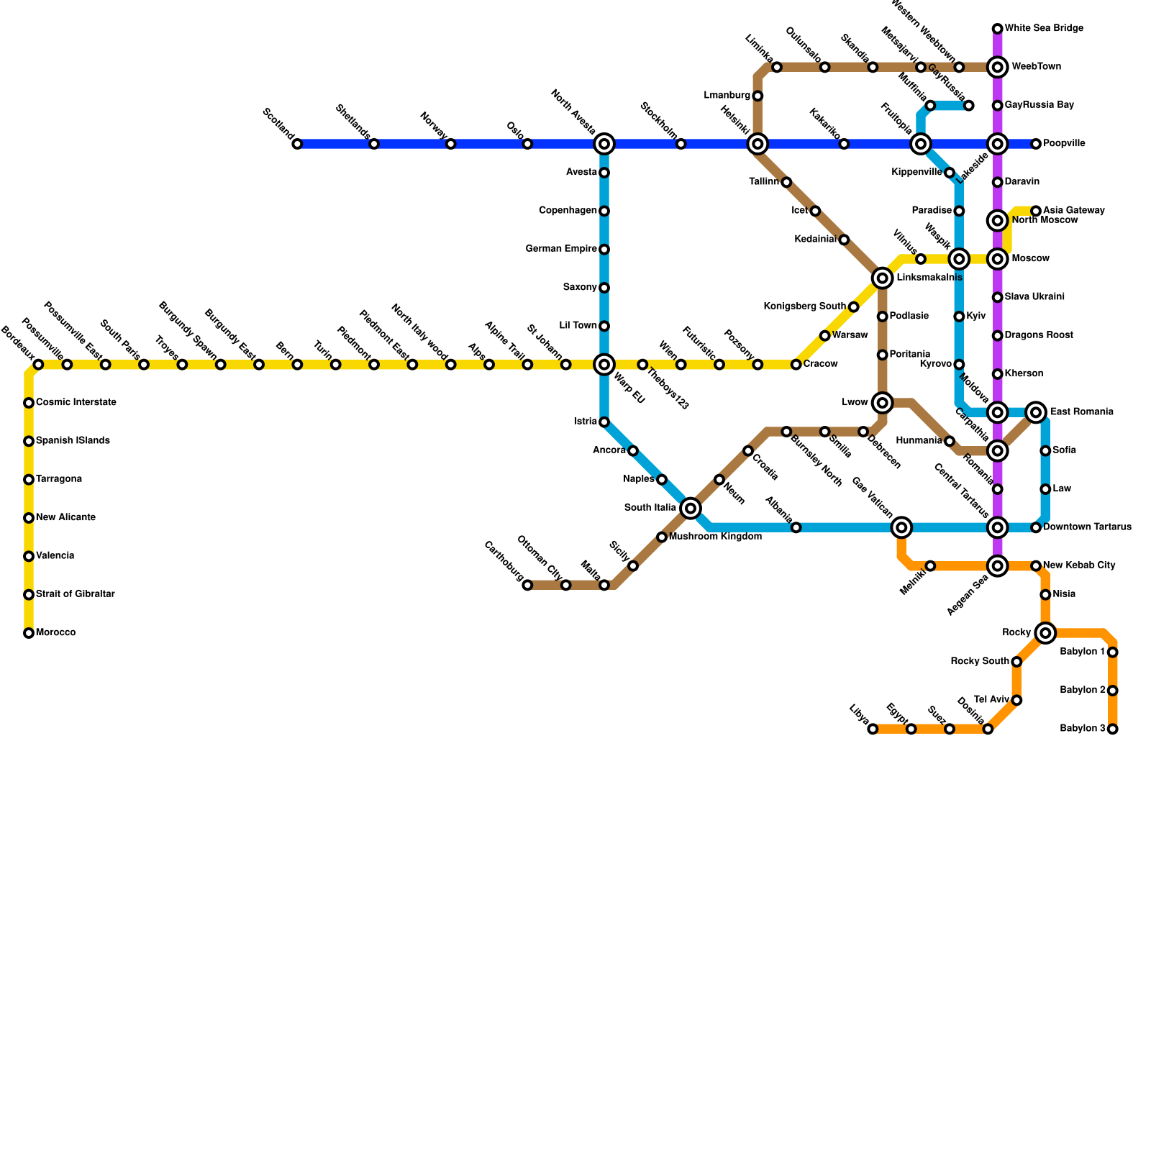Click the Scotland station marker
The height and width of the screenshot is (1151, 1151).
[297, 145]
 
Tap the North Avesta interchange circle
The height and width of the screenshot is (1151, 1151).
[604, 145]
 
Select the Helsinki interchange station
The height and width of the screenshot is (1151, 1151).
[758, 145]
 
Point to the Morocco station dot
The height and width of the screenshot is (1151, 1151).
[29, 634]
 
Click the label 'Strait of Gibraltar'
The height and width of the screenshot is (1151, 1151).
[75, 594]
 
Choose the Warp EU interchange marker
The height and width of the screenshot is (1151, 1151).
[604, 365]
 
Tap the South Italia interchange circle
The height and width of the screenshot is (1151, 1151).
[691, 509]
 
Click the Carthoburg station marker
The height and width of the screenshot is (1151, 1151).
[527, 586]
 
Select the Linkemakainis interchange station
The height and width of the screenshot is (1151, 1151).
[883, 278]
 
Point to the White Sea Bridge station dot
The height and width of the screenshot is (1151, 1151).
[997, 29]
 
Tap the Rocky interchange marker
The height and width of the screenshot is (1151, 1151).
[1045, 633]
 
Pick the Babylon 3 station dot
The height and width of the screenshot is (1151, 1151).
[1113, 729]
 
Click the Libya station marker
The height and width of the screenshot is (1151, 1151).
[873, 729]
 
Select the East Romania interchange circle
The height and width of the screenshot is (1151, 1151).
[1036, 412]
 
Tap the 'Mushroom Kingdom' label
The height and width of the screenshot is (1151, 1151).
[715, 537]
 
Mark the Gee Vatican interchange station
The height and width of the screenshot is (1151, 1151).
[901, 528]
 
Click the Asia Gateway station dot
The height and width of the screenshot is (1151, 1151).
[1036, 211]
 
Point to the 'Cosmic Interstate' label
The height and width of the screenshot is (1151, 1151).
[76, 402]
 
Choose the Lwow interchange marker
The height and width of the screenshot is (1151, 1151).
[883, 403]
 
